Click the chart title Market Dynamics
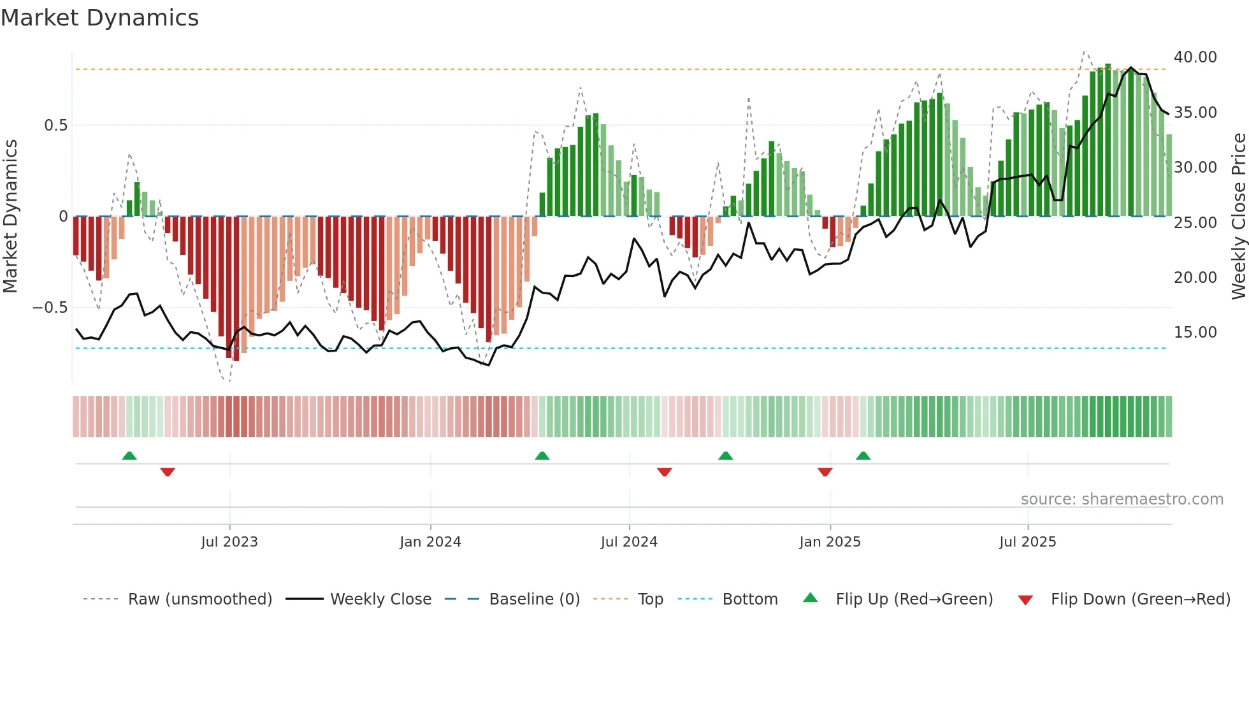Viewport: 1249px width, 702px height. pyautogui.click(x=99, y=18)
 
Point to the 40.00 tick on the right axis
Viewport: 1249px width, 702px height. pyautogui.click(x=1195, y=57)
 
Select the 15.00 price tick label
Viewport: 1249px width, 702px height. pyautogui.click(x=1195, y=333)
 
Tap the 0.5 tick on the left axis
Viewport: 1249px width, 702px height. pyautogui.click(x=55, y=125)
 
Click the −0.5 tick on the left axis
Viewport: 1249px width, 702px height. pyautogui.click(x=50, y=308)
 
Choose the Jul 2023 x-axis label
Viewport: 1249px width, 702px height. pyautogui.click(x=229, y=542)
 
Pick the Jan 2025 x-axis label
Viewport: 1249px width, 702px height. pyautogui.click(x=830, y=542)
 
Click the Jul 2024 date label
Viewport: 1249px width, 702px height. pyautogui.click(x=629, y=542)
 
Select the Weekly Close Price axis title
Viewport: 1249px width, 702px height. pyautogui.click(x=1238, y=217)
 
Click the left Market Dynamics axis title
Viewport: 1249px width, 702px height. pyautogui.click(x=10, y=217)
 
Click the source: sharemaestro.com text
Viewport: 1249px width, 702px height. pyautogui.click(x=1122, y=499)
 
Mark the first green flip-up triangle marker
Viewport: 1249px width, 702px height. pyautogui.click(x=129, y=455)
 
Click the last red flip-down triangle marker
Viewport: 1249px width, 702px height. pyautogui.click(x=825, y=472)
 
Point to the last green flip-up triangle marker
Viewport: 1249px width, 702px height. pyautogui.click(x=863, y=455)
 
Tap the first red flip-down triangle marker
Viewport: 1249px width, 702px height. pyautogui.click(x=168, y=472)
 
